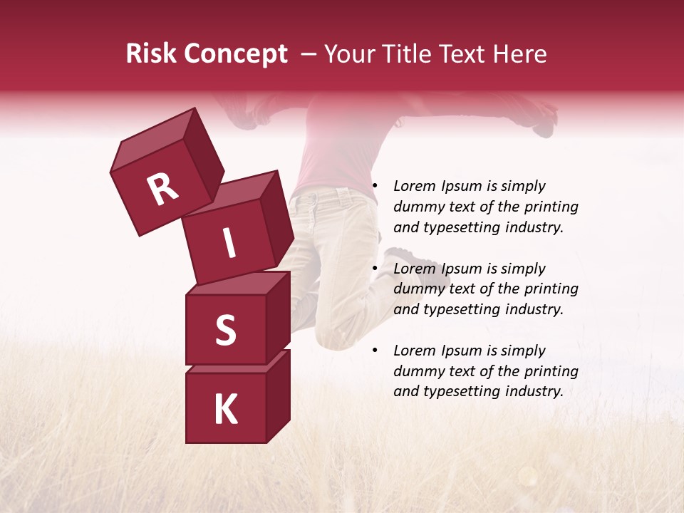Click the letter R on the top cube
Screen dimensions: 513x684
click(162, 189)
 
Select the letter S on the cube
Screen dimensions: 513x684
click(225, 331)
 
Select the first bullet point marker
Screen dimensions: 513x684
click(374, 186)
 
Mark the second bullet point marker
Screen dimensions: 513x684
click(374, 269)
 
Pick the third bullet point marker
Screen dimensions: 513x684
click(374, 351)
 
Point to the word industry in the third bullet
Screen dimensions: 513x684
click(534, 391)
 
